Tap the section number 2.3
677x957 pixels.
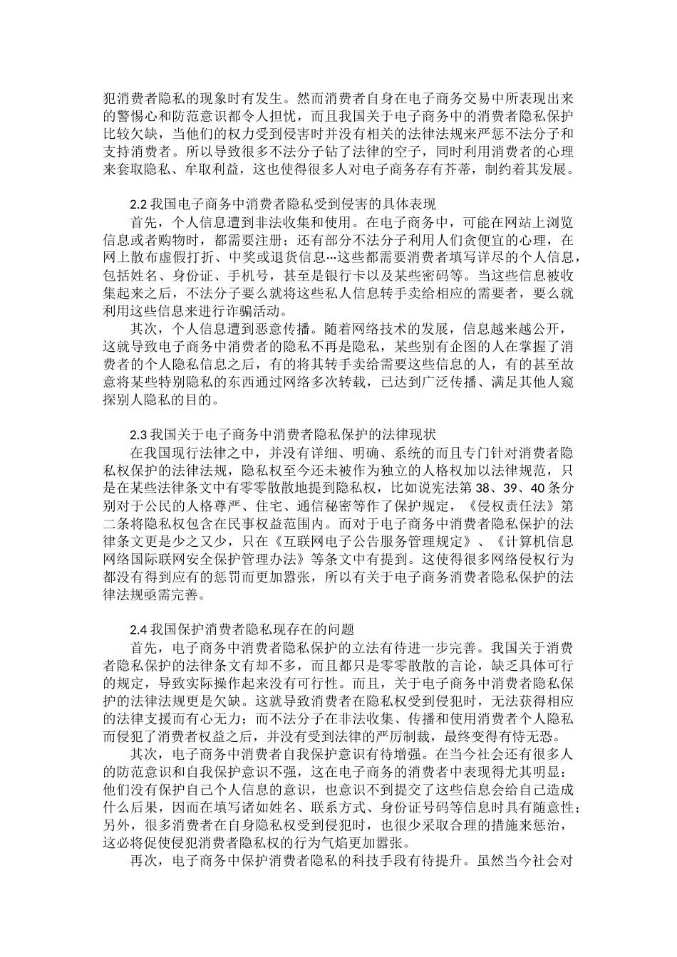pyautogui.click(x=139, y=434)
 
